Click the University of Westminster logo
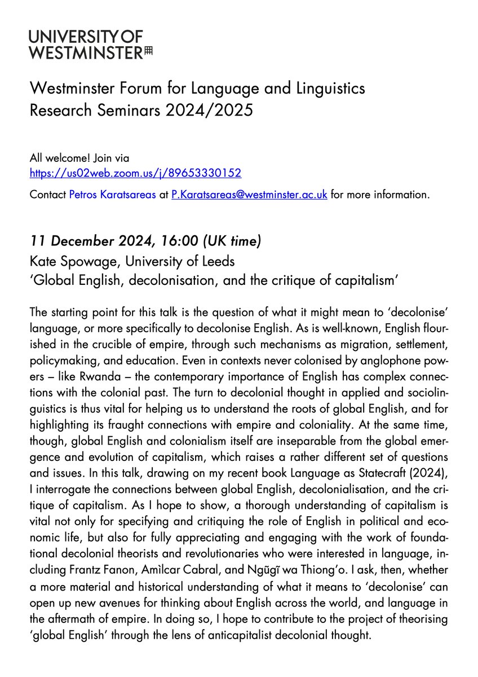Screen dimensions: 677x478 click(x=90, y=45)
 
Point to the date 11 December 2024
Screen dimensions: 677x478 click(x=87, y=242)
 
